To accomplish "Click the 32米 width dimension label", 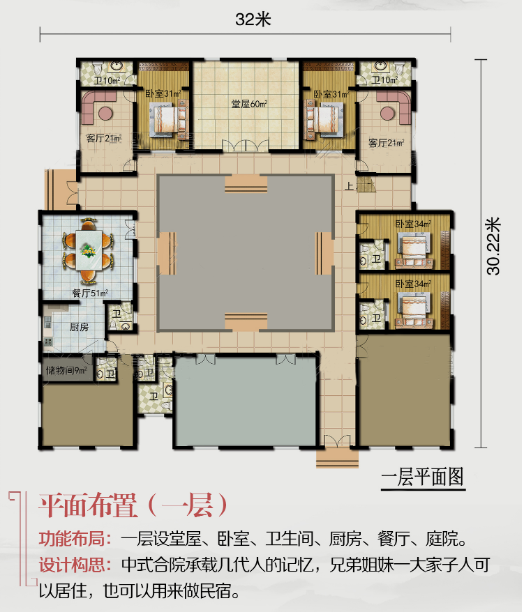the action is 253,20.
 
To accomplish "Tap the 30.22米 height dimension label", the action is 493,246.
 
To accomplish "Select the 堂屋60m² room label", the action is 249,104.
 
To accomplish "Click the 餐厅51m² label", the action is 90,293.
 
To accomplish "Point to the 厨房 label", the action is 80,327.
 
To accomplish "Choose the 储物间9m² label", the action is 66,370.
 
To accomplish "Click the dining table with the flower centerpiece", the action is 89,250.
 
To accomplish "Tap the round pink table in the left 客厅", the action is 105,114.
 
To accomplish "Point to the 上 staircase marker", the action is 349,186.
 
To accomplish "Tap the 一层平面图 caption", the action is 423,477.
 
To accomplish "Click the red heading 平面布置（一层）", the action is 133,505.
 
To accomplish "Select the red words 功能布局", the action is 72,539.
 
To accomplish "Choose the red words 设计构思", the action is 72,565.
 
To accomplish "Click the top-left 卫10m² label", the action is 107,81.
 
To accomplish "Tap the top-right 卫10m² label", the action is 384,80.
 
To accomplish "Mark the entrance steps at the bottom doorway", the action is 337,459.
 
